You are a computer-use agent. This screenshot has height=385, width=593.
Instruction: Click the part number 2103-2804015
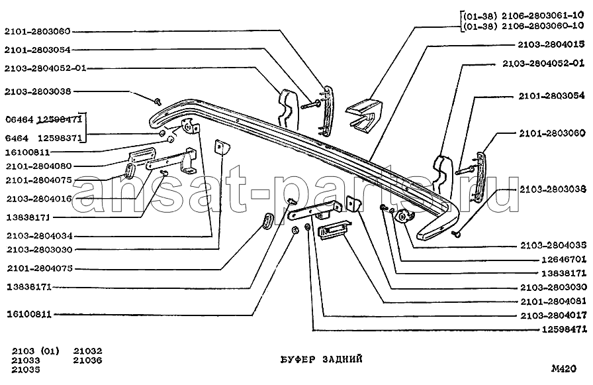551,44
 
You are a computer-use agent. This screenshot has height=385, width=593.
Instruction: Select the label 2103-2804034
39,236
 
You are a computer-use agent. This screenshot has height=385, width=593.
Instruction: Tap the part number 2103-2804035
553,245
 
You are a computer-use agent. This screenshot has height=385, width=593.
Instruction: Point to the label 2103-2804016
39,199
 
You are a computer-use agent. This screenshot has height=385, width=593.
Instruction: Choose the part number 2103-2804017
553,315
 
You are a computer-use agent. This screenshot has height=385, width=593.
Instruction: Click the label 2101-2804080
38,166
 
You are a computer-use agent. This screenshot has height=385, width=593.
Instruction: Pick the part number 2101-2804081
553,302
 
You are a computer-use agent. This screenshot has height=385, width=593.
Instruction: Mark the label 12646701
564,259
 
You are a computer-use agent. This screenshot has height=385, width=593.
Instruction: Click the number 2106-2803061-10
542,16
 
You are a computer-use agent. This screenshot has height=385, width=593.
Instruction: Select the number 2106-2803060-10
542,26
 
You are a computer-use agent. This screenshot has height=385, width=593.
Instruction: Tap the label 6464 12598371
44,138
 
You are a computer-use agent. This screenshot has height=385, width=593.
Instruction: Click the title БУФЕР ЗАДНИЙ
322,359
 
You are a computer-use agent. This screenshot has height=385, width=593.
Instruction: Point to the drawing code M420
564,368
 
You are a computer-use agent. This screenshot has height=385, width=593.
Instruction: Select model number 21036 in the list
88,360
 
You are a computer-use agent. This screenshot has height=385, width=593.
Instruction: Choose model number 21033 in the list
26,360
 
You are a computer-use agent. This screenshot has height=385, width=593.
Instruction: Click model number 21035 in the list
26,370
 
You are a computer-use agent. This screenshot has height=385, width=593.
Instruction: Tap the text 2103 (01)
36,351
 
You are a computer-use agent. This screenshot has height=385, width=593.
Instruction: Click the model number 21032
88,351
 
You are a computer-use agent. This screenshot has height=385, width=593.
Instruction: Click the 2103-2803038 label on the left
38,91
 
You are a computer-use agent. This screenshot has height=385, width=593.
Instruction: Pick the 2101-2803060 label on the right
552,133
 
